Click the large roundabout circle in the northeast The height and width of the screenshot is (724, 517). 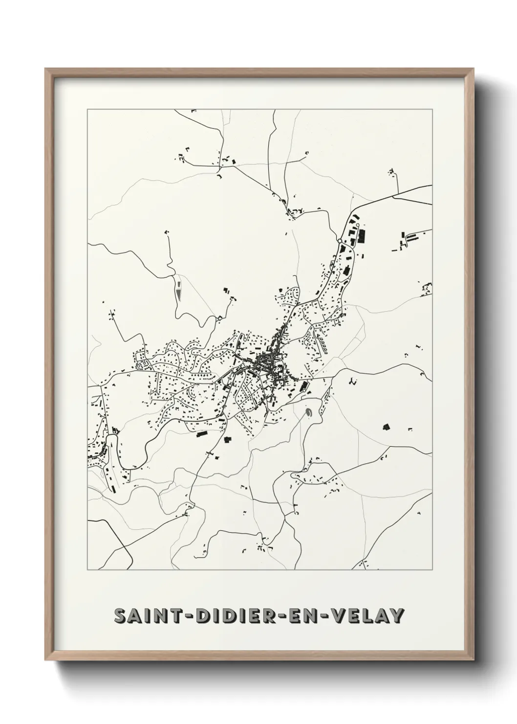click(x=339, y=241)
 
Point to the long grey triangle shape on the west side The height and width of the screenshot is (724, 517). click(x=179, y=293)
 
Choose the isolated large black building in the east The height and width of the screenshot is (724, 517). click(x=385, y=427)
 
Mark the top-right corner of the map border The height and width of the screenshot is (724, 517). click(x=432, y=109)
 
